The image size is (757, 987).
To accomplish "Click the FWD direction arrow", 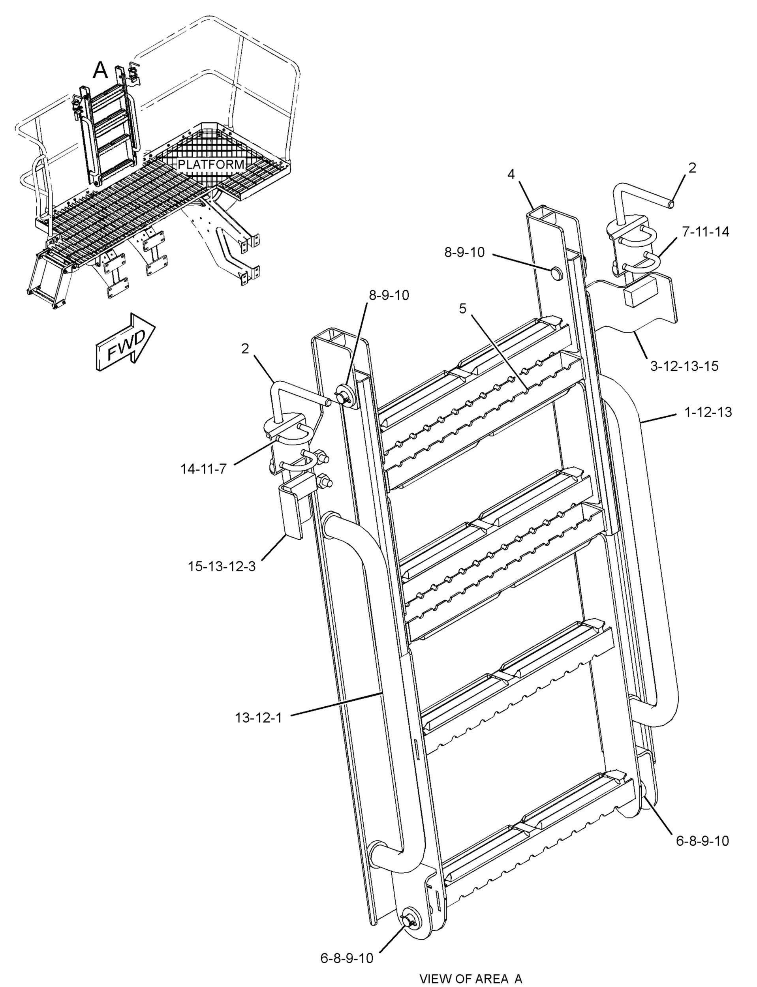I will (x=124, y=342).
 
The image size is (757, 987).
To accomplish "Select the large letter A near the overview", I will (x=100, y=70).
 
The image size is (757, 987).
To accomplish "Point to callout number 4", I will (x=511, y=175).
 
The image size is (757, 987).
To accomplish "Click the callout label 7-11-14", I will (x=705, y=232).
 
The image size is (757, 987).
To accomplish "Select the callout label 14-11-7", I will (x=204, y=469).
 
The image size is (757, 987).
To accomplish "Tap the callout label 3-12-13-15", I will (x=684, y=366).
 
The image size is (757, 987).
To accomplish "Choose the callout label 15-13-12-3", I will (x=222, y=566).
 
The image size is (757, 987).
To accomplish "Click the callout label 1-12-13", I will (x=708, y=412).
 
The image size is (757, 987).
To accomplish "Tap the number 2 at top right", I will (x=693, y=168).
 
